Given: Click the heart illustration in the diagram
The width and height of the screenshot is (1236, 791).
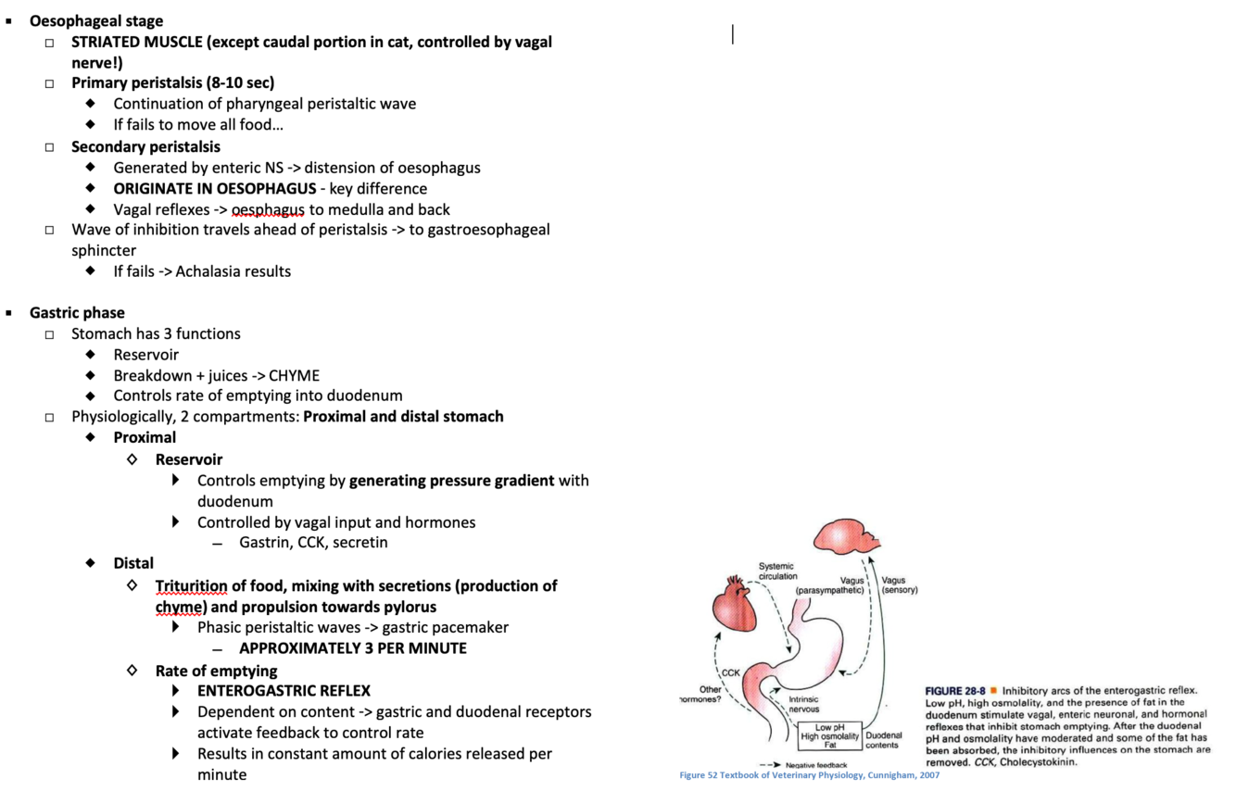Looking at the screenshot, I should coord(736,608).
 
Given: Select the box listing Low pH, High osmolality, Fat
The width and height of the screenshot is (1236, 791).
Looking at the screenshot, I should coord(830,736).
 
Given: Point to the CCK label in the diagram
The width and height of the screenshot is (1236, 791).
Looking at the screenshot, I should coord(731,673).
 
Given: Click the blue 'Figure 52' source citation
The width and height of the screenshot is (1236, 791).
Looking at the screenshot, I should coord(809,775).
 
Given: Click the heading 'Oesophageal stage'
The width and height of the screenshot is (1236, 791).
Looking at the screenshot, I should coord(95,20).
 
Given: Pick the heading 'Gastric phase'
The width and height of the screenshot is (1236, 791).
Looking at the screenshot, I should coord(77,313).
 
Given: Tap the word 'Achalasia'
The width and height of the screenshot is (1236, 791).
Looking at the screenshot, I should coord(207,271).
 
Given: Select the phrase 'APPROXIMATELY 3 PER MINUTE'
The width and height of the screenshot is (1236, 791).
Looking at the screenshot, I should coord(352,648).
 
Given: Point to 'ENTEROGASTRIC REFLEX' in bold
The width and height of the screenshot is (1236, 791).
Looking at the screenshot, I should coord(284,691).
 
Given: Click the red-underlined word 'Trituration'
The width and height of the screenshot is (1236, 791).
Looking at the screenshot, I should coord(191,586).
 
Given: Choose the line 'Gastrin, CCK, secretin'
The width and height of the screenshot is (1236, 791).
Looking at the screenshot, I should coord(313,543).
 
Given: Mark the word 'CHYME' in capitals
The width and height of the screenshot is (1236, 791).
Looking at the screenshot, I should coord(294,376).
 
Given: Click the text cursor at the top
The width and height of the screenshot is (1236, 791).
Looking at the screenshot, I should coord(733,34).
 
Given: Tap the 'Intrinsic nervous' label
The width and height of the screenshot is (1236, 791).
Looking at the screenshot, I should coord(804,704).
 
